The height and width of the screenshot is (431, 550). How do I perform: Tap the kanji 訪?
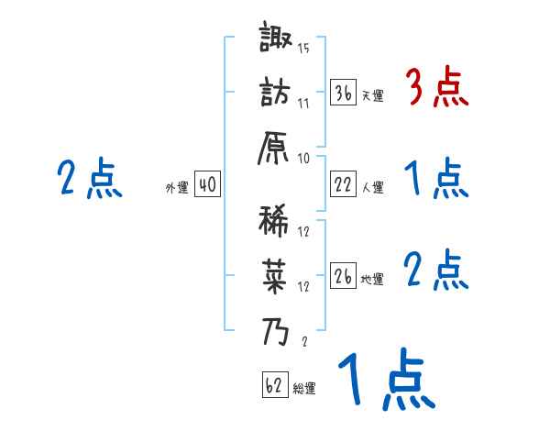click(273, 94)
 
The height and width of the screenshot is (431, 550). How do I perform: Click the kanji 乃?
click(273, 331)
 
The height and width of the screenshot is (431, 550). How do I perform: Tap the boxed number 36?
click(343, 93)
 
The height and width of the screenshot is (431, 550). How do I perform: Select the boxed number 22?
click(343, 185)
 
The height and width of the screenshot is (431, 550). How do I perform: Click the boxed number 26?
click(343, 276)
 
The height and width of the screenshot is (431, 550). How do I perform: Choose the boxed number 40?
click(207, 185)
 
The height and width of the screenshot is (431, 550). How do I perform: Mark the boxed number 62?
click(274, 385)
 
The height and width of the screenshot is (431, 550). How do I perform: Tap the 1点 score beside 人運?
click(435, 179)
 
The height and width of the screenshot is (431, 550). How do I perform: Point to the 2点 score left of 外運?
click(90, 179)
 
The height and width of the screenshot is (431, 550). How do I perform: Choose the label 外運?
click(176, 188)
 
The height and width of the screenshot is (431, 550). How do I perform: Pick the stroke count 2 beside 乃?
click(303, 341)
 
